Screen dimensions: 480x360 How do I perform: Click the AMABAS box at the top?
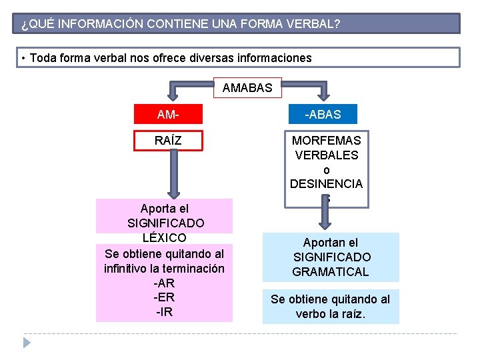click(x=247, y=88)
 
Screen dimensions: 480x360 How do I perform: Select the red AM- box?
click(x=168, y=114)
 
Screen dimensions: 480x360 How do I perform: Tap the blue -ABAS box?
click(x=323, y=114)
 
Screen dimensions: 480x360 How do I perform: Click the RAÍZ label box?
click(x=168, y=141)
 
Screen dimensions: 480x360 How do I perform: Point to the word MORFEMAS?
click(x=326, y=141)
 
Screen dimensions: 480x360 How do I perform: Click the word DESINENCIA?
click(x=326, y=184)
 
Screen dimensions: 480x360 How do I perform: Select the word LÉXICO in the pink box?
click(x=164, y=238)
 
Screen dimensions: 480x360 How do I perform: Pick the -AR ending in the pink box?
click(x=164, y=283)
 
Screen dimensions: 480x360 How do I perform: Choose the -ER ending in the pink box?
click(x=164, y=297)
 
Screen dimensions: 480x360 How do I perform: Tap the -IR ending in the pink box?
click(x=164, y=312)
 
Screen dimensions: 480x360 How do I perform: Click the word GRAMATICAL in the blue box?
click(x=330, y=272)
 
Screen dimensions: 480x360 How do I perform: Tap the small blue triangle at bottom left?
click(x=27, y=343)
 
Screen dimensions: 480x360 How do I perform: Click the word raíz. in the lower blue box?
click(x=351, y=314)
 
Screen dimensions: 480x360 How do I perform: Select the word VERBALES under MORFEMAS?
click(x=326, y=155)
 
